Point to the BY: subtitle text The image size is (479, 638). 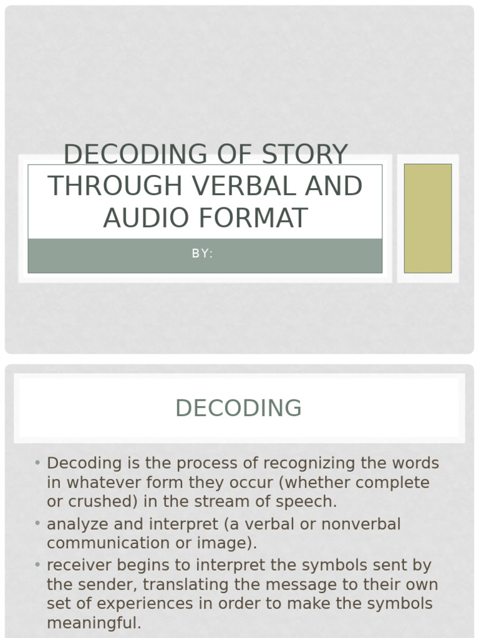[x=203, y=254]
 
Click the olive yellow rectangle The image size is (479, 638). [x=428, y=218]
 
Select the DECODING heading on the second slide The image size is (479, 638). [x=238, y=408]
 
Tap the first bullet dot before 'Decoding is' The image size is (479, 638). [x=37, y=463]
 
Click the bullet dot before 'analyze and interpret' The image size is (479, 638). [x=37, y=523]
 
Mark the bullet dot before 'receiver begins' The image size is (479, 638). [x=37, y=565]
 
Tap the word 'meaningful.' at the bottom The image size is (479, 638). [x=94, y=622]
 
